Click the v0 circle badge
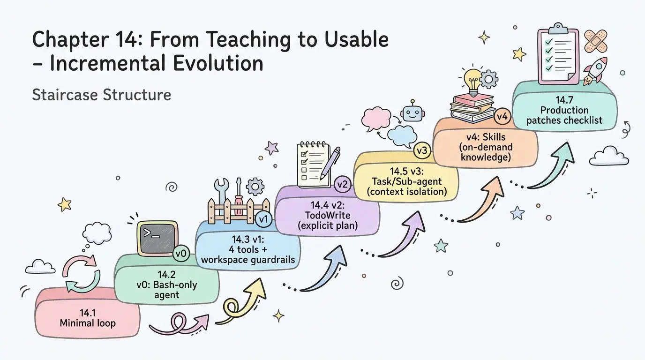click(x=181, y=254)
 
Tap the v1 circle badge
click(x=263, y=219)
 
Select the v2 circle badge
click(x=342, y=184)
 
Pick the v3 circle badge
click(x=422, y=150)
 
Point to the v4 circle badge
click(x=502, y=117)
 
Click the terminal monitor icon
click(x=157, y=238)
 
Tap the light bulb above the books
click(x=472, y=82)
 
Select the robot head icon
click(x=412, y=112)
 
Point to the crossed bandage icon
click(x=595, y=41)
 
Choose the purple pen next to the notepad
click(x=330, y=162)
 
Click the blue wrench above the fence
click(x=222, y=191)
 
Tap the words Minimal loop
click(x=88, y=323)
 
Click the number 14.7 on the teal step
click(x=564, y=100)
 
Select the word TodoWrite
click(x=328, y=215)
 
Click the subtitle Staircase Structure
click(x=101, y=95)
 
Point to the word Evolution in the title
click(x=218, y=63)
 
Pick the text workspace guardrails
click(x=248, y=260)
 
